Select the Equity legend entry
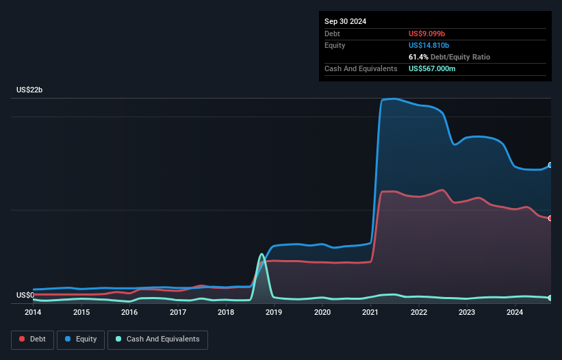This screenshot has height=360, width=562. coord(81,339)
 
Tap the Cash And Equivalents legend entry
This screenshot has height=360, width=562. coord(157,339)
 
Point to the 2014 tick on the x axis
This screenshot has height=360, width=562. coord(33,312)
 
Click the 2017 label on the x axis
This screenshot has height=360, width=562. coord(178,312)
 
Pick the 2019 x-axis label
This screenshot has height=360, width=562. coord(274,312)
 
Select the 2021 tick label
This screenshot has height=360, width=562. coord(370,312)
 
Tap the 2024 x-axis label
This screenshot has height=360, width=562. coord(515,312)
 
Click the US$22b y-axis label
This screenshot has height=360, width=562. coord(31,90)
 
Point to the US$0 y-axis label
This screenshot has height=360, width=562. coord(26,296)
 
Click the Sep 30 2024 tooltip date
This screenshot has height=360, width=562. coord(346,21)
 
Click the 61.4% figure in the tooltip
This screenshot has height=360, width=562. coord(419,57)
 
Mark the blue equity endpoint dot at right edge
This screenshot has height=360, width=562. coord(550,165)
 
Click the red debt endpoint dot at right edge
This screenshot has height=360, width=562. coord(550,218)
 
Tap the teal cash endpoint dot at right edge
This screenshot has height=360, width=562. coord(550,298)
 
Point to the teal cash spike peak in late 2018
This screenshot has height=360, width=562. coord(261,255)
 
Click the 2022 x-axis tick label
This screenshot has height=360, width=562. coord(419,312)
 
